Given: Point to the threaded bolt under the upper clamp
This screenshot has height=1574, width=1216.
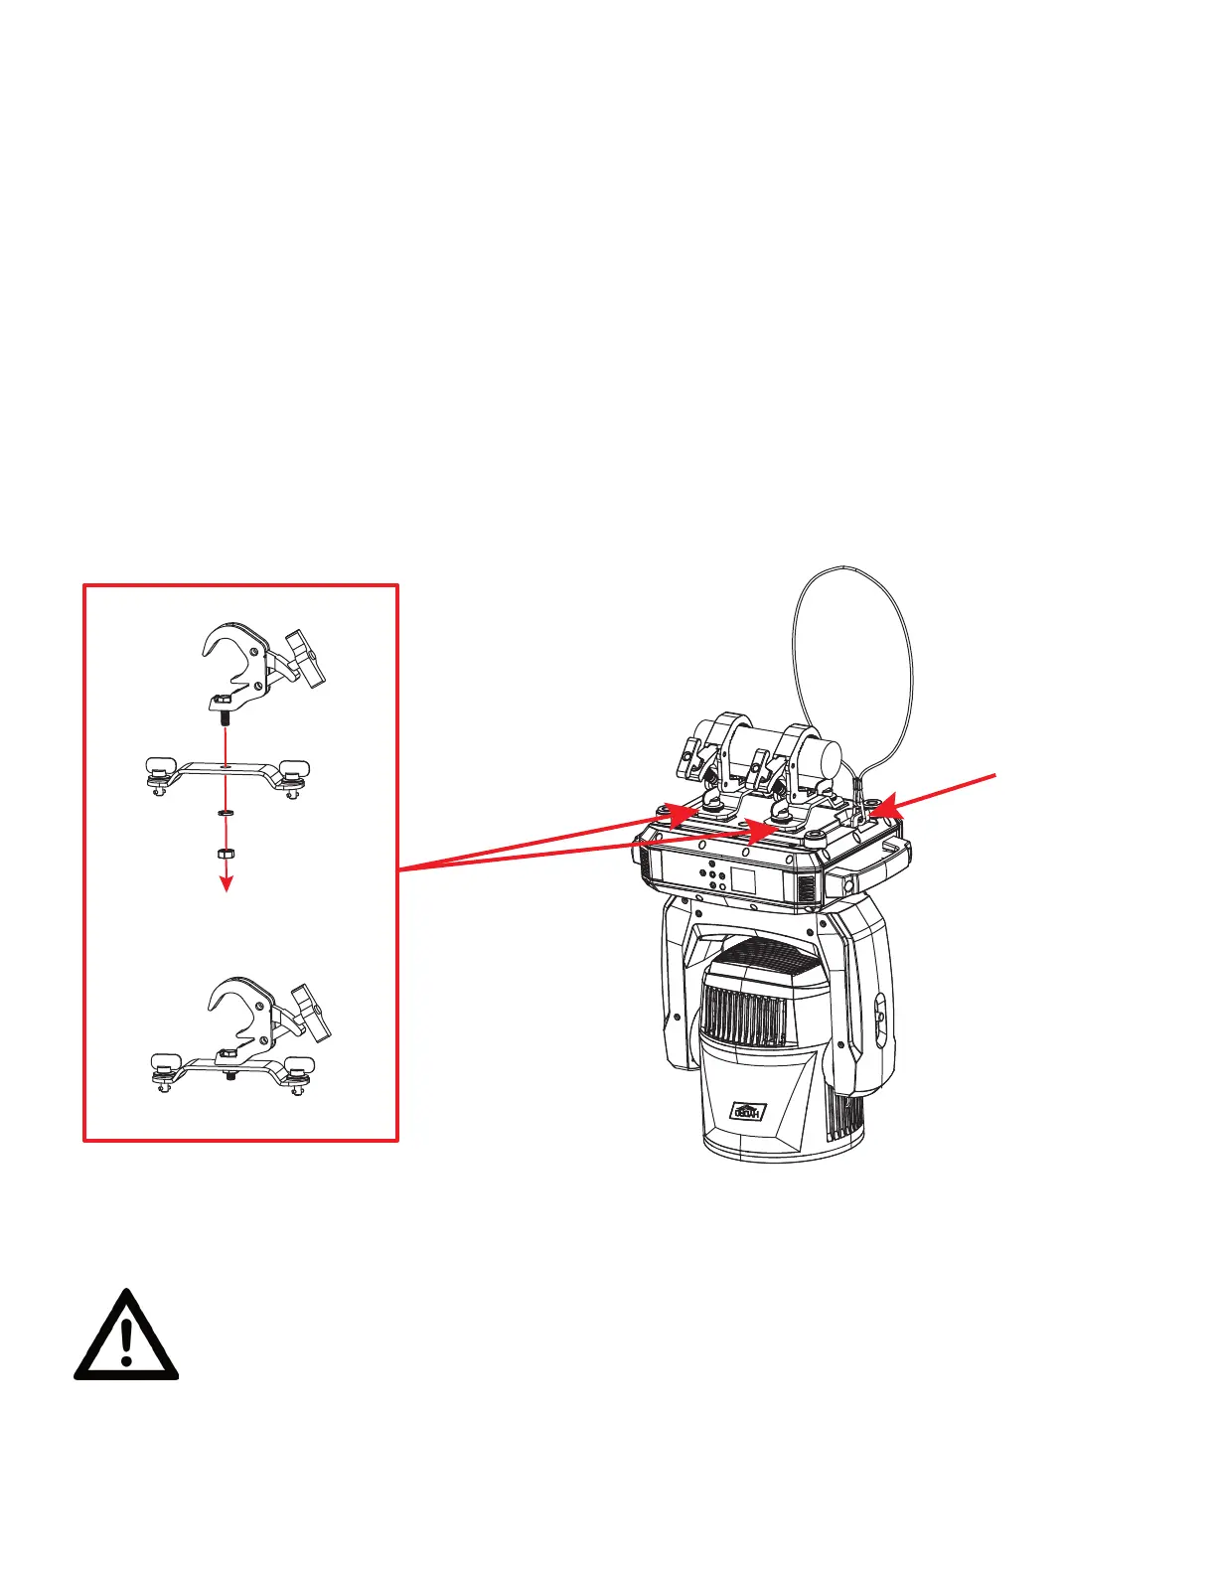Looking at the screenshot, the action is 227,715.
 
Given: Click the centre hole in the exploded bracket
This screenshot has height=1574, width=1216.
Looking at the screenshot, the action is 228,766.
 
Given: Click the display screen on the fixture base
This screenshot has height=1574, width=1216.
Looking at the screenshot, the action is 745,878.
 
